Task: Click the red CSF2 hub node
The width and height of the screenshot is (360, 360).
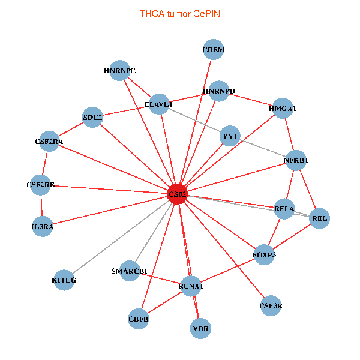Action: [x=178, y=194]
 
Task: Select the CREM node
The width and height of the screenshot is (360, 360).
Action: [x=213, y=50]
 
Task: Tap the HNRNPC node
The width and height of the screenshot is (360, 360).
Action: [x=120, y=71]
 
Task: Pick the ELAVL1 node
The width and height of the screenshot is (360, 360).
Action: [x=159, y=104]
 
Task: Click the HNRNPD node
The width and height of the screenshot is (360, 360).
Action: [x=219, y=91]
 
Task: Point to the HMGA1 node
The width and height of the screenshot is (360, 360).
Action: [x=283, y=109]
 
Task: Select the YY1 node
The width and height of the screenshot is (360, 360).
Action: [x=230, y=136]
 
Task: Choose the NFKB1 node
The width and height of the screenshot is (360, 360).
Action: [x=296, y=160]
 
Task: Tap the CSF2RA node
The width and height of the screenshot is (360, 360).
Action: [x=49, y=142]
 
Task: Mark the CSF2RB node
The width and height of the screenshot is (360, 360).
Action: [x=41, y=185]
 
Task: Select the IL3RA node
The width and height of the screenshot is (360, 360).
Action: [x=43, y=226]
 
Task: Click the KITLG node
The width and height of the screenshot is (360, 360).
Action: [x=64, y=280]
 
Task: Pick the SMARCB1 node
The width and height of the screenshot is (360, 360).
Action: [x=130, y=271]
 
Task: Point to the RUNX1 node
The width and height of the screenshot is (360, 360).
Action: [x=191, y=286]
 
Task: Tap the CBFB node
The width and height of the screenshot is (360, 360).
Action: [x=139, y=319]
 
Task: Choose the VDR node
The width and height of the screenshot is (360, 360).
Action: [x=200, y=329]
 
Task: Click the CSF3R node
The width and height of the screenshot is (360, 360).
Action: [x=271, y=306]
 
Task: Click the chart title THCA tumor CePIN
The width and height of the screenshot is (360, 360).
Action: [x=180, y=13]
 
